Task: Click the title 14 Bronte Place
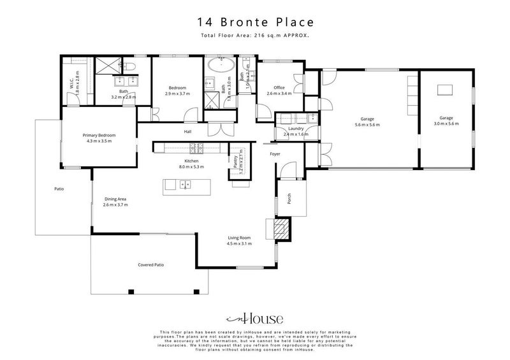pos(255,23)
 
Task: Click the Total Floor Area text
pos(255,36)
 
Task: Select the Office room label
pos(279,88)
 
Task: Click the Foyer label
pos(275,154)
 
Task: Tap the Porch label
pos(289,200)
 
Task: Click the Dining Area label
pos(115,199)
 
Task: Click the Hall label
pos(188,132)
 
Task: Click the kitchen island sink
pos(184,185)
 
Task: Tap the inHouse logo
pos(254,319)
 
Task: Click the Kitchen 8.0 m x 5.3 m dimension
pos(191,167)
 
